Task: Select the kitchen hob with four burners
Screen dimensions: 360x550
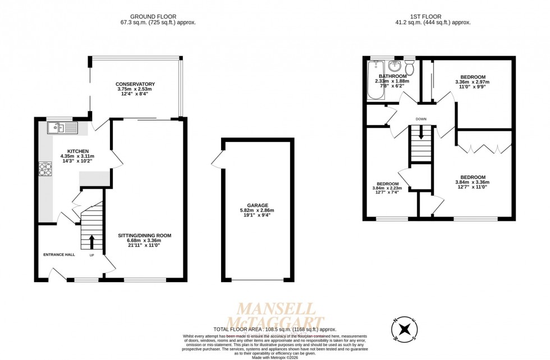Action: click(x=43, y=168)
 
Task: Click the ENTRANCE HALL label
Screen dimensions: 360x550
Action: click(x=59, y=254)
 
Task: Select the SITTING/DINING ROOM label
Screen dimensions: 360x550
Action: click(x=144, y=236)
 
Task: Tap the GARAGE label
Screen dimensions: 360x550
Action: click(x=257, y=205)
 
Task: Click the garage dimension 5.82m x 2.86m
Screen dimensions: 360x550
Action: click(x=257, y=211)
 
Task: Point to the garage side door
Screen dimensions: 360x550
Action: click(x=217, y=160)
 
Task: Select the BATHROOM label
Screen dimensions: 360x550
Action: click(x=392, y=76)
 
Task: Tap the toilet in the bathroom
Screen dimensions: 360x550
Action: click(x=410, y=67)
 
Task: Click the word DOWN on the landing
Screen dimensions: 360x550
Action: click(x=421, y=119)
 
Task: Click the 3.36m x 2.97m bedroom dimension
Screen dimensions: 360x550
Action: click(x=473, y=82)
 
